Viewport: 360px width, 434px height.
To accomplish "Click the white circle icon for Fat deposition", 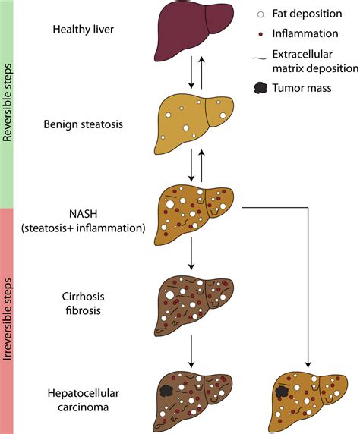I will pos(262,13).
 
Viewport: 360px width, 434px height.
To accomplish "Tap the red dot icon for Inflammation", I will pos(262,34).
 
